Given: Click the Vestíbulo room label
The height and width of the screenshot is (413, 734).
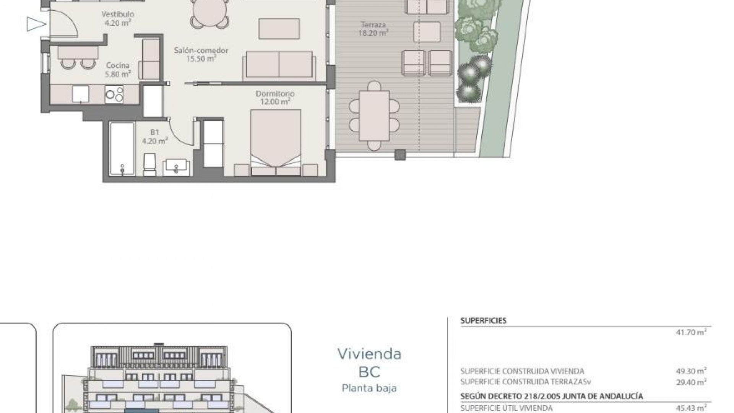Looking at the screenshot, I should click(x=117, y=18).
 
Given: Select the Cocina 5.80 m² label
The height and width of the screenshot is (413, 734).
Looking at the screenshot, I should click(x=118, y=70).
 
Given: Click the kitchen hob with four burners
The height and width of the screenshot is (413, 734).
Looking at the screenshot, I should click(x=114, y=94).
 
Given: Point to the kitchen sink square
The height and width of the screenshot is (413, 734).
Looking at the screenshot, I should click(x=81, y=94).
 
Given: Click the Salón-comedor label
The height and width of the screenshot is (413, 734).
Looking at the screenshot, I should click(x=201, y=54).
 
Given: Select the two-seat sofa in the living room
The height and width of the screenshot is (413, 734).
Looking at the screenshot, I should click(x=279, y=65).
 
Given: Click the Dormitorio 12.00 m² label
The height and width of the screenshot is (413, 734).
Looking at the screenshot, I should click(x=275, y=98).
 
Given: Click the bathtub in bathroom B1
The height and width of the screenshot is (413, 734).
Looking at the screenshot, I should click(x=122, y=148).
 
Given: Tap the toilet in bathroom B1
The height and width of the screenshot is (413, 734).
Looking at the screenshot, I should click(x=150, y=164).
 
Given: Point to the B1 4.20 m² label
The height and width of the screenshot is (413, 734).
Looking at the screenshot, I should click(x=154, y=137).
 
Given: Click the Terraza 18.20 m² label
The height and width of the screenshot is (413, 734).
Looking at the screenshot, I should click(x=373, y=29).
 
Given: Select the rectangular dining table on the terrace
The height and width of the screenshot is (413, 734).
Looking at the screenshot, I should click(x=374, y=115).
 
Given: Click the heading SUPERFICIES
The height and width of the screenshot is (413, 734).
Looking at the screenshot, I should click(x=483, y=321).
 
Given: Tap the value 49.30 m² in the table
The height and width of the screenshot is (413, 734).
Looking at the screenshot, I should click(x=691, y=371).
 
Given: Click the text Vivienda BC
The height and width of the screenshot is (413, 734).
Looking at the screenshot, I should click(x=369, y=362).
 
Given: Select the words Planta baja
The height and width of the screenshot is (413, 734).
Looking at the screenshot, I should click(x=369, y=388).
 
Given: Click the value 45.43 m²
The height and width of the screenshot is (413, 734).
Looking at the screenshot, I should click(x=691, y=408).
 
